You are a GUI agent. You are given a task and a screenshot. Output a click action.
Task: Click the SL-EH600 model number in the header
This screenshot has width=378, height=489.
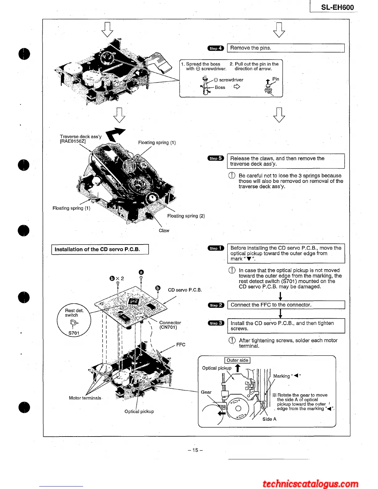(337, 7)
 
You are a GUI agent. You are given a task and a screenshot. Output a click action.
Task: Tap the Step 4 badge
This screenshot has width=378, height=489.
(216, 48)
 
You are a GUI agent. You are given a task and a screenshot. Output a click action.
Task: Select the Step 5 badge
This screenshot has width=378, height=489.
(216, 158)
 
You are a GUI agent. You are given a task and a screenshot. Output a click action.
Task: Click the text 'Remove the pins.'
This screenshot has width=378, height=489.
(250, 48)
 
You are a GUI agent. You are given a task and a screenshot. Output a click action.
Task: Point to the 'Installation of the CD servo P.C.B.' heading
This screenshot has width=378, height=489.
(97, 249)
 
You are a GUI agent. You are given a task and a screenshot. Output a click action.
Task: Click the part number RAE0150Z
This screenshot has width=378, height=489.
(73, 141)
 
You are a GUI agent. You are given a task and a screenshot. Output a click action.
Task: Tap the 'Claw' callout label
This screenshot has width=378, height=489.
(164, 231)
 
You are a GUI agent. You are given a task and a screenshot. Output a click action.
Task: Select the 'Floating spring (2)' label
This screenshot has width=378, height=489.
(186, 216)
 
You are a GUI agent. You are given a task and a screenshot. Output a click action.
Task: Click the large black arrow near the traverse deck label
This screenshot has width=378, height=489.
(115, 134)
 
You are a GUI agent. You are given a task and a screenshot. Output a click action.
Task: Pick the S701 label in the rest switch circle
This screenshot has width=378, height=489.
(74, 333)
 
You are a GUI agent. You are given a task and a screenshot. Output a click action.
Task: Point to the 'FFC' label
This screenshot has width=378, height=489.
(181, 345)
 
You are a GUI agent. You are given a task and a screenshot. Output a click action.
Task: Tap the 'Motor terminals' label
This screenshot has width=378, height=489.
(85, 398)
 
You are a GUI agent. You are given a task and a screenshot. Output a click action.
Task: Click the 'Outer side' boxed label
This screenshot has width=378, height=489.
(237, 360)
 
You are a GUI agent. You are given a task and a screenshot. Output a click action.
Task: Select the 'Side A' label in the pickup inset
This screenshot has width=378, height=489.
(269, 419)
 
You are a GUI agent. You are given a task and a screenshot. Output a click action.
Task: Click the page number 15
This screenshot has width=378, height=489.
(195, 450)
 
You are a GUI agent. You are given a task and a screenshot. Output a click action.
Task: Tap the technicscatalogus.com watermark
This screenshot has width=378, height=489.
(310, 483)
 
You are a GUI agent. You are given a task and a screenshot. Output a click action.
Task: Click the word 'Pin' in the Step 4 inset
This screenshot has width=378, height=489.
(275, 79)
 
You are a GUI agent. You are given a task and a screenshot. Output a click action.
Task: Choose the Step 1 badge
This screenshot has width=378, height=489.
(216, 248)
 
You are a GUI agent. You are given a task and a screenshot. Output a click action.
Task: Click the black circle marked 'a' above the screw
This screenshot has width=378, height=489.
(141, 272)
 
